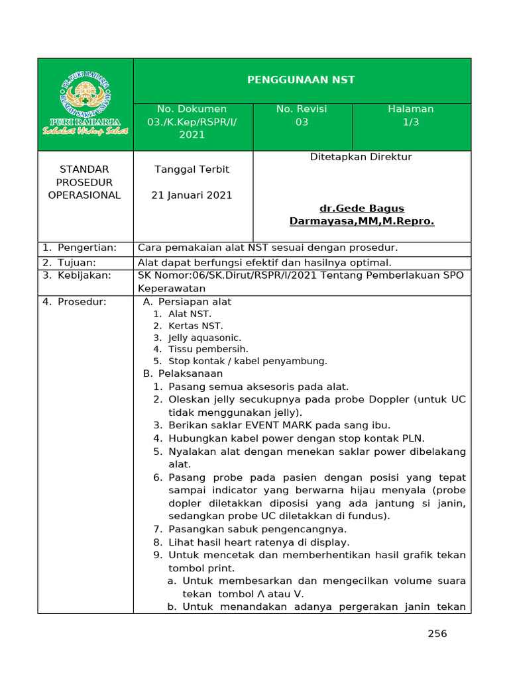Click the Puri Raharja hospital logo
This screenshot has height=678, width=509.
[x=85, y=104]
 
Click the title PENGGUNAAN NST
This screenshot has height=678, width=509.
[x=301, y=79]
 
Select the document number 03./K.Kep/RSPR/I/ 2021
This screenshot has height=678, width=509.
[x=192, y=122]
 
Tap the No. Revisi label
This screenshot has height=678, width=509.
[x=302, y=109]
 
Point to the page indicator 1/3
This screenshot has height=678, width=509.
[x=411, y=122]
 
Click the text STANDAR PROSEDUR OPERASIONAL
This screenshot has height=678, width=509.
[x=85, y=182]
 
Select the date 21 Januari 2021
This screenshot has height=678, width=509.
[x=192, y=195]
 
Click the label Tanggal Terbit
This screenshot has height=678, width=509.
[x=192, y=169]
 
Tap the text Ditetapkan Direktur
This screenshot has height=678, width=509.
[x=361, y=157]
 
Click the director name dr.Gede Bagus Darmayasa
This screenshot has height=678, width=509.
[x=361, y=215]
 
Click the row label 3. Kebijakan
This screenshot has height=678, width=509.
[x=77, y=275]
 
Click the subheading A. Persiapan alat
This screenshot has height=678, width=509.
[x=188, y=302]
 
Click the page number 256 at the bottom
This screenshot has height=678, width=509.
[x=437, y=634]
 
